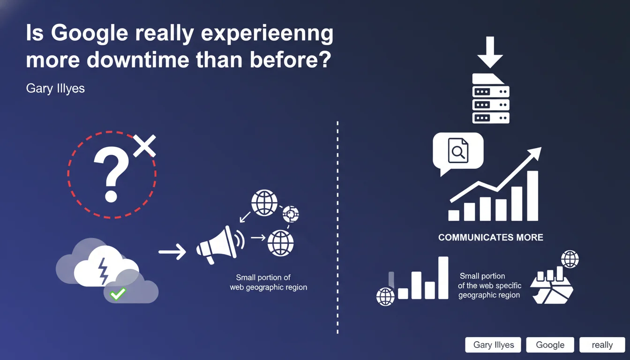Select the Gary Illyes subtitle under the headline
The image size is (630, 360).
pos(55,89)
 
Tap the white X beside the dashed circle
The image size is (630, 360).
pos(144,146)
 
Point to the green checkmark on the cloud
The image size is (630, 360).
pos(118,294)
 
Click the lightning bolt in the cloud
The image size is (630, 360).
pos(103,271)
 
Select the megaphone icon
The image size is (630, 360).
pos(220,245)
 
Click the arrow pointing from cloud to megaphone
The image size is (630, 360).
pos(172,251)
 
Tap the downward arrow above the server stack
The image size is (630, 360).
pos(490,52)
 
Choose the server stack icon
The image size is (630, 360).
pos(491,98)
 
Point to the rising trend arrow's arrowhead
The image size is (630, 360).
pos(534,154)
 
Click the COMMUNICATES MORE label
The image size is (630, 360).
pos(491,237)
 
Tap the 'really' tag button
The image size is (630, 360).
pos(602,345)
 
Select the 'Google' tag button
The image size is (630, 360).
pos(550,345)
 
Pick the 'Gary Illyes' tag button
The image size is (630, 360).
pos(493,345)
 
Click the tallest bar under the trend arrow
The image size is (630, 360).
pos(532,196)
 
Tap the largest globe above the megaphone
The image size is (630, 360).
pos(264,203)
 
